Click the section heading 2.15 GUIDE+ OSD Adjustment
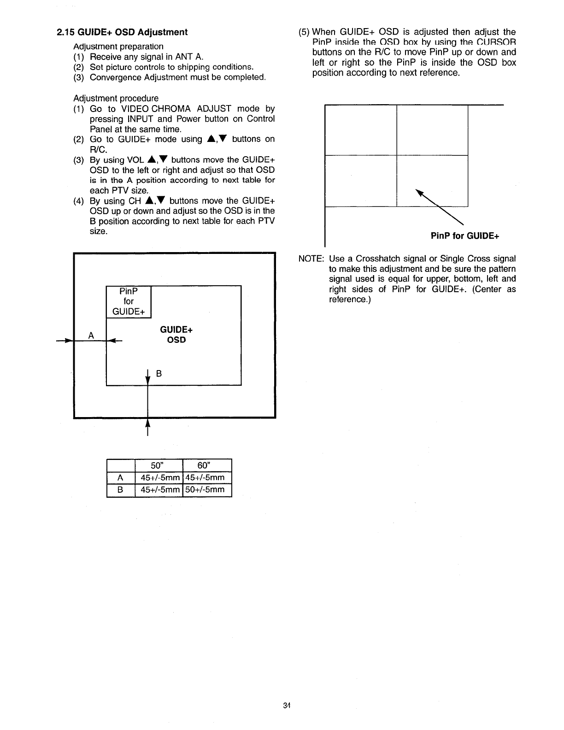(122, 32)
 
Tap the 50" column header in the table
(159, 465)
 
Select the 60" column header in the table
(207, 465)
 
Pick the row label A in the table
(120, 477)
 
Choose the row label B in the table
(120, 489)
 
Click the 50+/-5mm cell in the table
(207, 489)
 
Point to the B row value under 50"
(159, 489)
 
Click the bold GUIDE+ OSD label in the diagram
(176, 335)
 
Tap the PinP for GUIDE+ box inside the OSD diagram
(129, 301)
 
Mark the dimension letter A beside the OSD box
(91, 336)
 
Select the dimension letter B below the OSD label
(159, 374)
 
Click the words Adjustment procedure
(116, 98)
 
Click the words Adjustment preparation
(118, 47)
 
